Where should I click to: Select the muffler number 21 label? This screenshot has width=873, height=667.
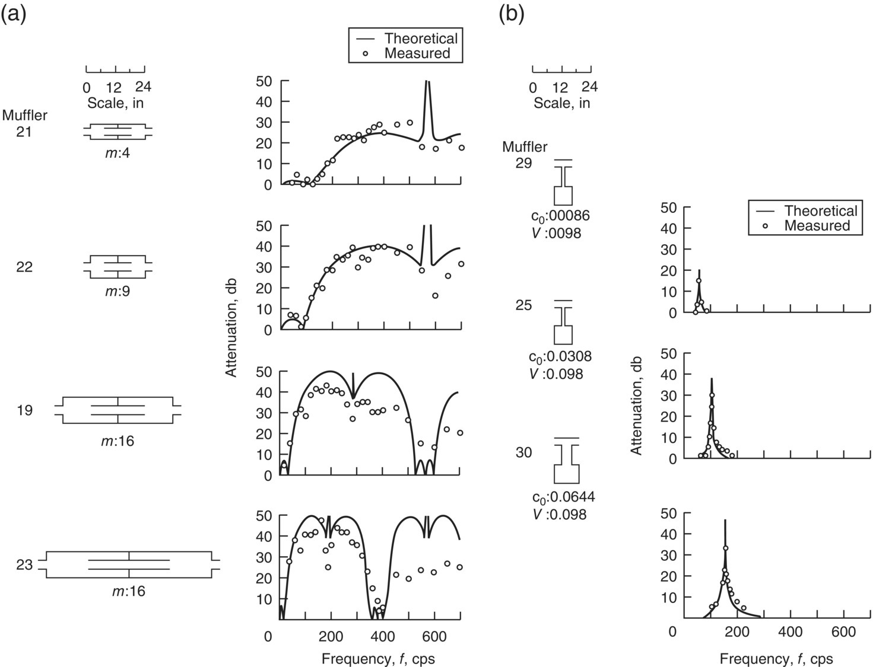click(24, 132)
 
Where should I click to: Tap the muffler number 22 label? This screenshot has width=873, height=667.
click(24, 267)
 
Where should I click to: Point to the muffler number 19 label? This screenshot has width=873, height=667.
click(24, 410)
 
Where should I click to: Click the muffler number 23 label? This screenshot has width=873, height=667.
click(24, 565)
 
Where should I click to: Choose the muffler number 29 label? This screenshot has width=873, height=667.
click(523, 163)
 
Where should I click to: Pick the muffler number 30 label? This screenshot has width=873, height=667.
click(523, 453)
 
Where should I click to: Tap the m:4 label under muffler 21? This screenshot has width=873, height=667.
click(118, 154)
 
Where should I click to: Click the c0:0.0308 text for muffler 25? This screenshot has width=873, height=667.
click(560, 357)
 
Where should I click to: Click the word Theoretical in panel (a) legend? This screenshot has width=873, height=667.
click(421, 39)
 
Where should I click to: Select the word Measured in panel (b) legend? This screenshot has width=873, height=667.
click(817, 226)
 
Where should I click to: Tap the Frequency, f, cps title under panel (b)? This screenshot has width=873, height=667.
click(776, 659)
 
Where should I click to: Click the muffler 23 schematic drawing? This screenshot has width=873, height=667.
click(129, 565)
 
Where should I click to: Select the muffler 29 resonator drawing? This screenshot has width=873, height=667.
click(563, 183)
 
